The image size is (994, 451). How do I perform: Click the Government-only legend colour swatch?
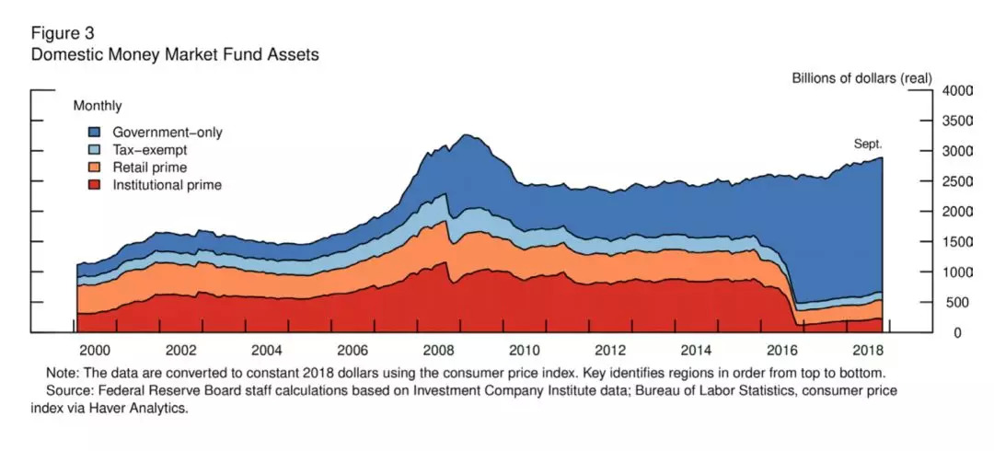(94, 133)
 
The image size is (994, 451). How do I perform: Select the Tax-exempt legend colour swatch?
(94, 150)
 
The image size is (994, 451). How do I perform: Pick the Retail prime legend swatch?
(94, 168)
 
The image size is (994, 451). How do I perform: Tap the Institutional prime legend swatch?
(94, 185)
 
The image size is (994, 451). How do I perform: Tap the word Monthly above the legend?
(98, 107)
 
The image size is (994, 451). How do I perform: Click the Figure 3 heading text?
(64, 34)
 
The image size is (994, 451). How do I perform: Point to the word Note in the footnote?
(62, 374)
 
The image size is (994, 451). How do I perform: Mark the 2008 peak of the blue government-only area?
(466, 135)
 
